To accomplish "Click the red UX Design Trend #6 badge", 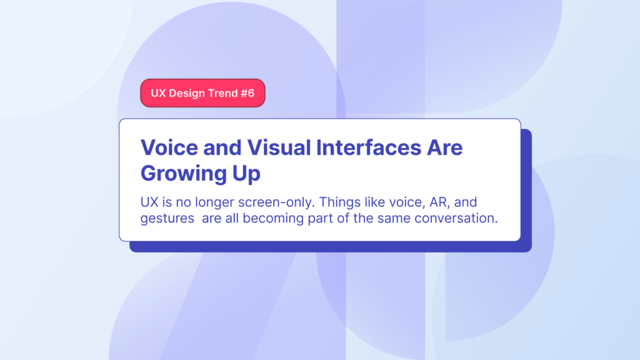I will pos(202,93).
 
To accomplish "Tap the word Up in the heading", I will pos(246,174).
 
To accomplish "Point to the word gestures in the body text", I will pos(167,219).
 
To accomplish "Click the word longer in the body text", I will pos(212,203).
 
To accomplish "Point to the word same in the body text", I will pos(381,219).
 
